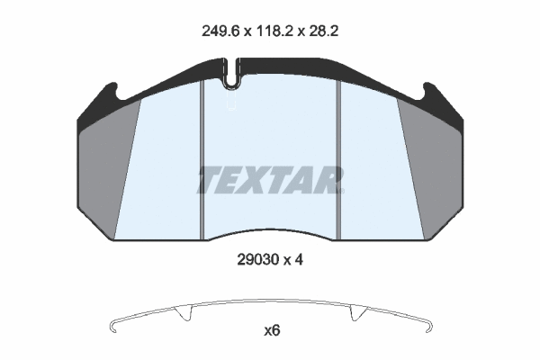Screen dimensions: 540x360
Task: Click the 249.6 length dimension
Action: pos(220,31)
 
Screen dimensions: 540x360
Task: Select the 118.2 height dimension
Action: pos(274,31)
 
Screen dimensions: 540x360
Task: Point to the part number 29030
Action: pos(257,260)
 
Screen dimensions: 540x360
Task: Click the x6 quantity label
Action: pos(272,330)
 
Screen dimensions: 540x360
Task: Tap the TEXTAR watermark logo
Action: pos(270,180)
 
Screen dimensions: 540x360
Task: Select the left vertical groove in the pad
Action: pos(202,159)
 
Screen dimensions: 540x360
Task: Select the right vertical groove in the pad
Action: pos(338,159)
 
